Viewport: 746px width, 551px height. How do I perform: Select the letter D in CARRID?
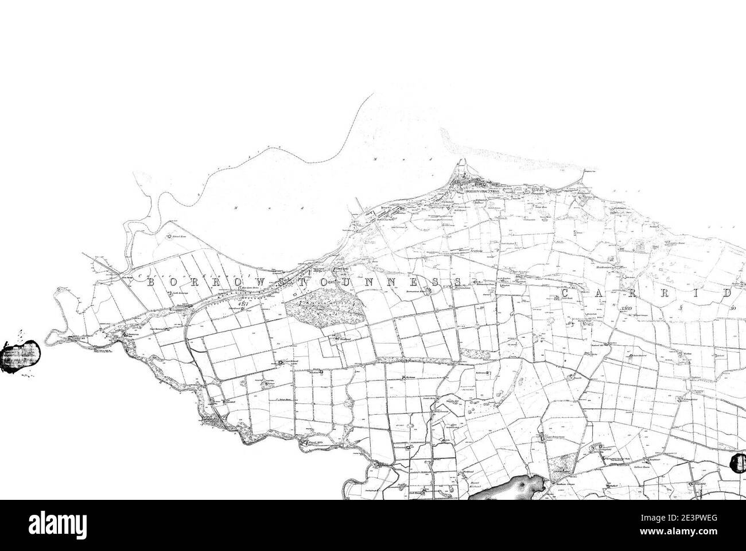[x=726, y=294]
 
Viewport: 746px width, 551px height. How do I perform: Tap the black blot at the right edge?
[x=738, y=463]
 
